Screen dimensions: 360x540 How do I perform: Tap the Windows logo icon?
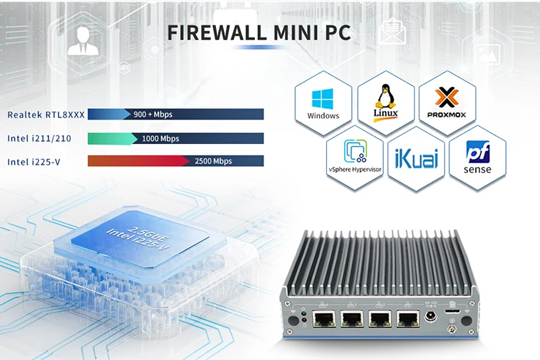pos(323,100)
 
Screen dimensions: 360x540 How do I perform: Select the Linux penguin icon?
pos(386,99)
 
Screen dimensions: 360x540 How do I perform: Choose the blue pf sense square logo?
pos(478,153)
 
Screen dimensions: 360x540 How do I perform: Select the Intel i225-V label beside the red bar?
pos(34,161)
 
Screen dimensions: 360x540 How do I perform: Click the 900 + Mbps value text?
pos(153,114)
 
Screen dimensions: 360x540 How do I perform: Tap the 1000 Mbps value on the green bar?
pos(160,138)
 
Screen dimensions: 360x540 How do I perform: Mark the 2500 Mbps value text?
pos(213,161)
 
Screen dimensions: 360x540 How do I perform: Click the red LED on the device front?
pos(303,315)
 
